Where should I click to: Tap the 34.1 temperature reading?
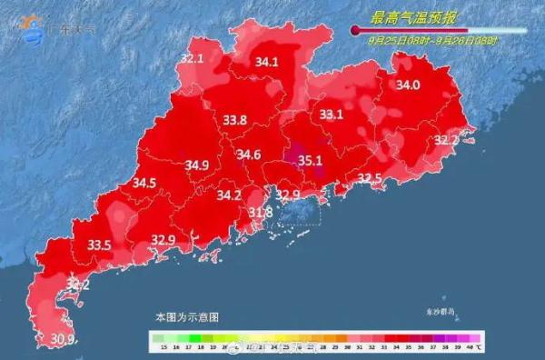coord(266,63)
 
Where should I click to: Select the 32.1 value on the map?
coord(192,59)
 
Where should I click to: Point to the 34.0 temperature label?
coord(408,85)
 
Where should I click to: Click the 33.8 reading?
coord(235,120)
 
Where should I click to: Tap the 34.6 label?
coord(249,155)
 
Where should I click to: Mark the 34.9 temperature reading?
coord(197,165)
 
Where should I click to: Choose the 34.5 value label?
coord(144,183)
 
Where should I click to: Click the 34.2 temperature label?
coord(229,195)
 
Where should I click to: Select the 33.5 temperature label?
coord(99,245)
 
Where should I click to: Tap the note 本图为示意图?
coord(186,317)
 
